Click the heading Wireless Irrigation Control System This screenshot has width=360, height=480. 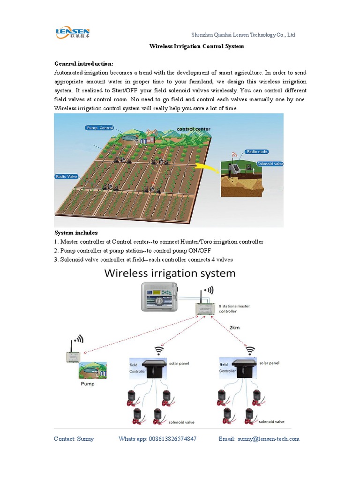coord(196,47)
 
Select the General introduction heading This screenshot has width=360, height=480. coord(84,63)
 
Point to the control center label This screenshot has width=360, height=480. coord(193,129)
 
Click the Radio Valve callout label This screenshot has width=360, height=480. coord(66,176)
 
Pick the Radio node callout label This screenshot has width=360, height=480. coord(256,152)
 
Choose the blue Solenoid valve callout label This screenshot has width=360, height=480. coord(270,164)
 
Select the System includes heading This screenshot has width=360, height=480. coord(76,232)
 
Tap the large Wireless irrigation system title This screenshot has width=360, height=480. coord(170,273)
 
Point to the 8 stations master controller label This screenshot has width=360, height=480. coord(234,308)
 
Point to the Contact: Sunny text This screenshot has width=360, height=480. coord(74,439)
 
